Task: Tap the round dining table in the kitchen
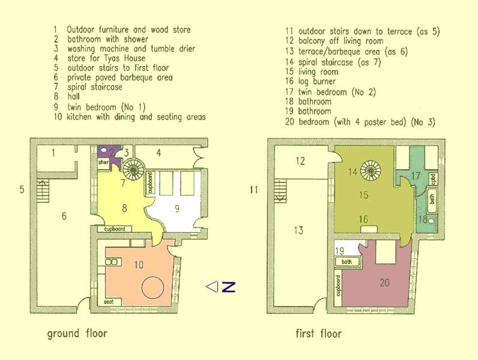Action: pos(153,287)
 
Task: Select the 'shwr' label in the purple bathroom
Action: pos(103,163)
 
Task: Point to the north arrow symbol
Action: pos(220,287)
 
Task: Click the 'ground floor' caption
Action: pos(77,334)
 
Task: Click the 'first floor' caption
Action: pos(318,334)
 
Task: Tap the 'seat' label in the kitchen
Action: pos(109,302)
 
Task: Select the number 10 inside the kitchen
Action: pos(139,265)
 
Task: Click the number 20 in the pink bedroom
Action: pos(385,283)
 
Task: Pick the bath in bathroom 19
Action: pos(347,262)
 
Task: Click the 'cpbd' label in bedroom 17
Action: pos(434,179)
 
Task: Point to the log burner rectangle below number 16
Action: pos(369,229)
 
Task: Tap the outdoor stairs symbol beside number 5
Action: pos(43,190)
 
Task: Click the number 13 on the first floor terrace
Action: pos(298,230)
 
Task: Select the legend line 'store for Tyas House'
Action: pos(106,58)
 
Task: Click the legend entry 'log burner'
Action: pos(316,82)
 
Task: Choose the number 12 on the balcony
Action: pos(300,161)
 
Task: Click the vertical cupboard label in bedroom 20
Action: pos(338,286)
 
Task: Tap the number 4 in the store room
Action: pos(159,152)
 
